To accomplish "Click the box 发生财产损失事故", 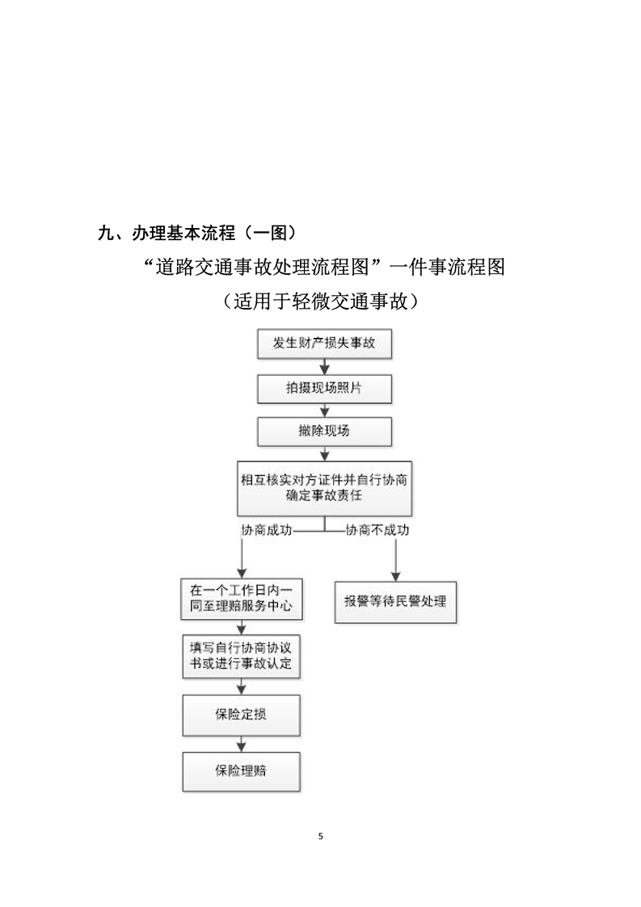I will pos(324,344).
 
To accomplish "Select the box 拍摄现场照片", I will pos(324,388).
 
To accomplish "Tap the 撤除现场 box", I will pos(324,431).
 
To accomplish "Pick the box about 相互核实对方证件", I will pos(324,487).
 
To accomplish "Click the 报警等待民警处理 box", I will pos(395,601).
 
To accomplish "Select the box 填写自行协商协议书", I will pos(242,656).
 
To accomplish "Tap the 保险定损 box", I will pos(242,715).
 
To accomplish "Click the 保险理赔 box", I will pos(242,771).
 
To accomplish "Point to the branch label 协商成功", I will pos(267,531).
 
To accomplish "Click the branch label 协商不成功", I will pos(377,531).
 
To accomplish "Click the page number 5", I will pos(321,836).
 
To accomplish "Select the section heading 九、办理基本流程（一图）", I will pos(196,234).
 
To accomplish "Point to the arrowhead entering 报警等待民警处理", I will pos(395,576).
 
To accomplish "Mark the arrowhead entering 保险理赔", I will pos(242,748).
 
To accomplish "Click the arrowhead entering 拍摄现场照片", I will pos(324,370).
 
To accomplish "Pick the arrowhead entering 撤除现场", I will pos(324,413).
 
